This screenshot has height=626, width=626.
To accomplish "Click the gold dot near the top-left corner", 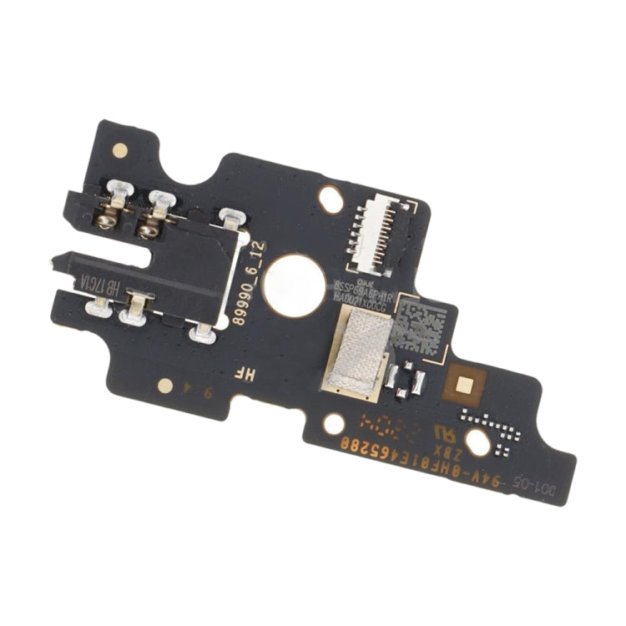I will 120,151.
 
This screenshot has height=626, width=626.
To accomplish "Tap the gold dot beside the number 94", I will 165,386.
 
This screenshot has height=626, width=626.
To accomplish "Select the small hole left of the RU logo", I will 333,424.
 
